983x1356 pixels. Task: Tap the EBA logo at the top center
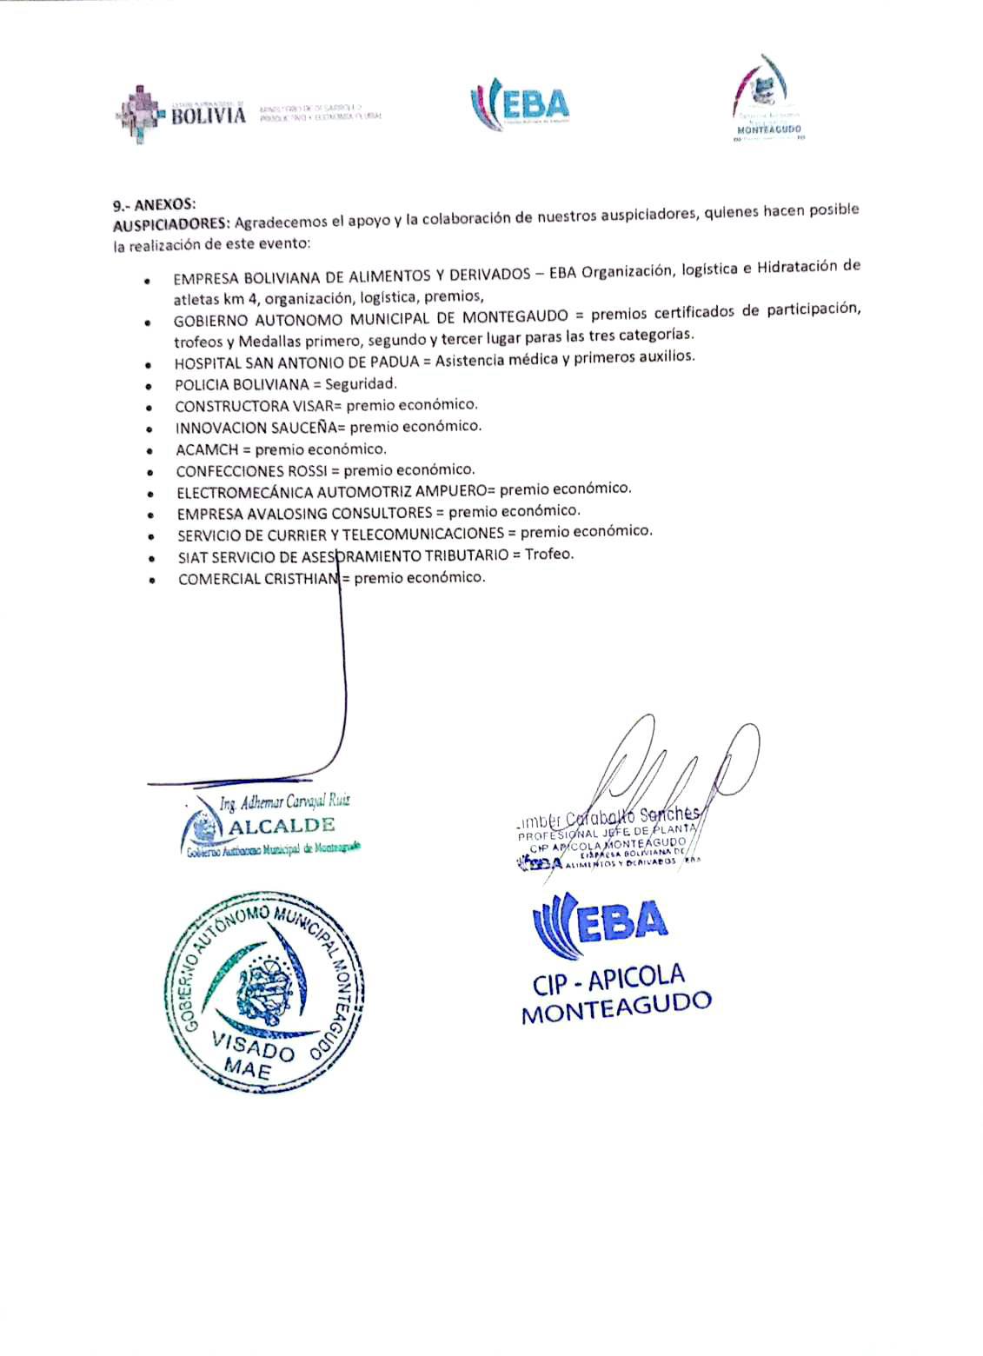(x=520, y=106)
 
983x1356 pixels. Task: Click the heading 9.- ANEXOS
(x=154, y=204)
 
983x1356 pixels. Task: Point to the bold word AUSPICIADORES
(x=166, y=224)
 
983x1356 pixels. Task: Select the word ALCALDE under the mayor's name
(x=280, y=825)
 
